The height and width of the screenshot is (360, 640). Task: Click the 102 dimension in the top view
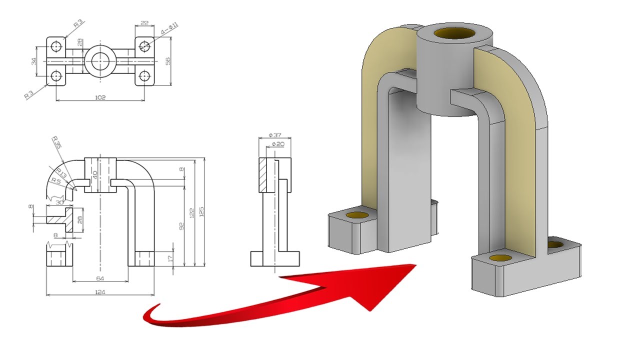(100, 97)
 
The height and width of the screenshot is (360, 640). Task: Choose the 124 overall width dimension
(100, 291)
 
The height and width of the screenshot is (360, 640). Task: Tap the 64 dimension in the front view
(100, 278)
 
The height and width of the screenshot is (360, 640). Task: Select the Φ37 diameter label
(274, 135)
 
